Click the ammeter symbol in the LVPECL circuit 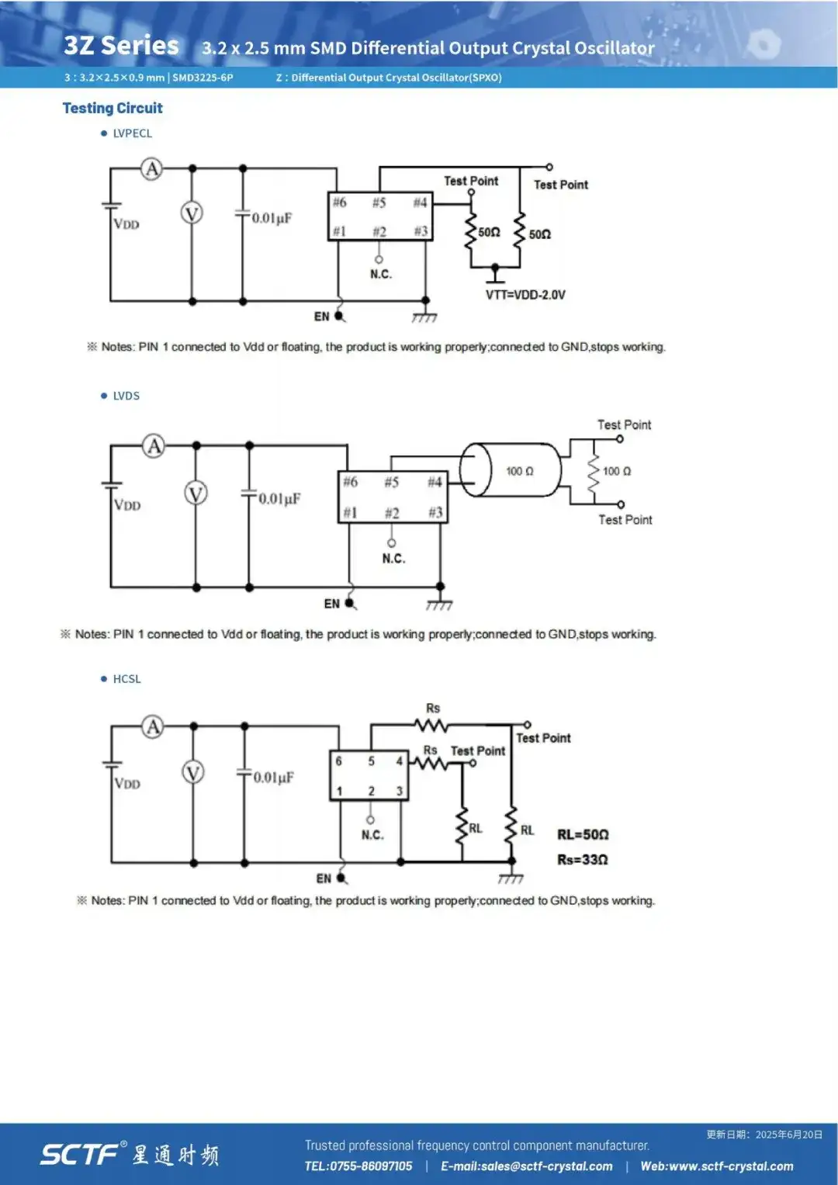point(151,169)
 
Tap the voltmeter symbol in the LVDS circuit point(196,494)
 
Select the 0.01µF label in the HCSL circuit point(273,777)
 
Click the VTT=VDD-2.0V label point(525,295)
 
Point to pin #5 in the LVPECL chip point(379,203)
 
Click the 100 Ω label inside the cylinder point(520,471)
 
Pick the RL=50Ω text point(583,834)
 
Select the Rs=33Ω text point(583,859)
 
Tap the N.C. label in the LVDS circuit point(393,559)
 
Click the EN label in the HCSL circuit point(324,878)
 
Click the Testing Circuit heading point(113,108)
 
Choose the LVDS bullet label point(126,396)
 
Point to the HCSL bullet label point(127,679)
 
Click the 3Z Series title point(121,45)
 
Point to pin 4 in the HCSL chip point(400,761)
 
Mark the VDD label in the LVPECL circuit point(126,223)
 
